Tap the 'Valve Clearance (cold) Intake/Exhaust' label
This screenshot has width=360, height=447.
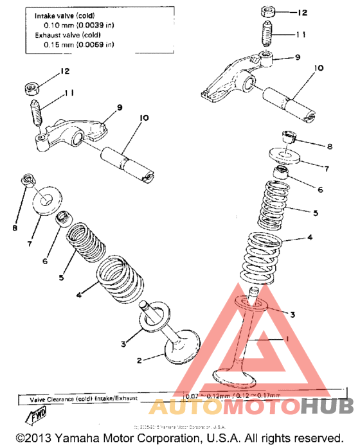[x=84, y=399]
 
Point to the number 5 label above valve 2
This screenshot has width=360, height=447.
[x=62, y=278]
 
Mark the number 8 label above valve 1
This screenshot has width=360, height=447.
[x=330, y=146]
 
